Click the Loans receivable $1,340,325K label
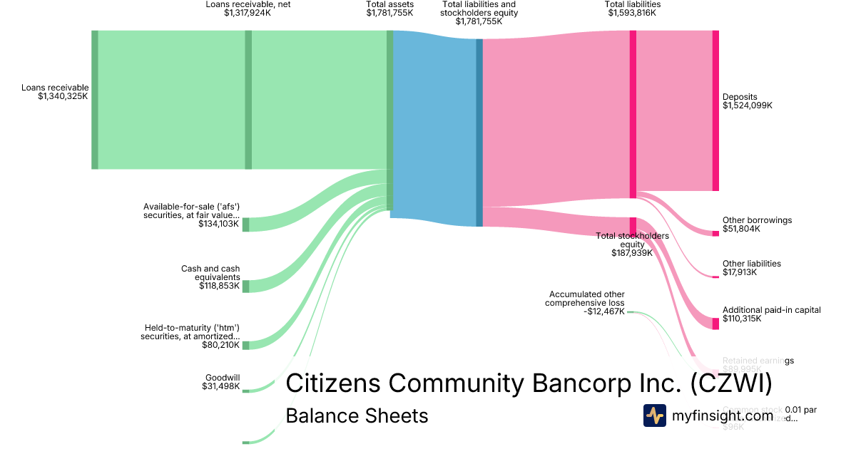(55, 92)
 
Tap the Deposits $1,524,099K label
(747, 101)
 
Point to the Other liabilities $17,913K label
(751, 268)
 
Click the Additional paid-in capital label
(771, 314)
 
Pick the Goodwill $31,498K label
(222, 382)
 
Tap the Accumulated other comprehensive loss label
(586, 302)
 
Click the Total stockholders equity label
(632, 244)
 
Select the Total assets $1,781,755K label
(389, 9)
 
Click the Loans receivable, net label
(248, 9)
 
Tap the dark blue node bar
(479, 133)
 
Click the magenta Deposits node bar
(715, 110)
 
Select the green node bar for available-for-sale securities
(245, 224)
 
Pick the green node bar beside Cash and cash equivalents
(245, 286)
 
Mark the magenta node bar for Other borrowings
(715, 233)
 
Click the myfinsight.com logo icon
(654, 416)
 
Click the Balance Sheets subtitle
(357, 416)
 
